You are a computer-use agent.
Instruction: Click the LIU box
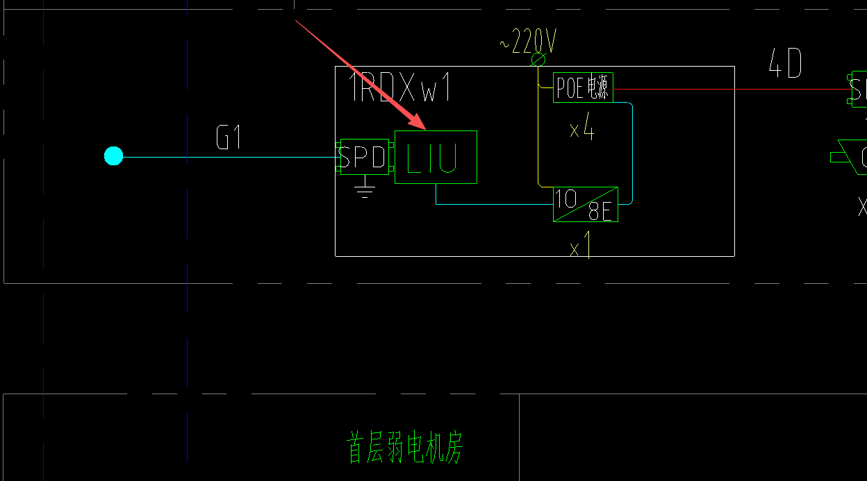436,158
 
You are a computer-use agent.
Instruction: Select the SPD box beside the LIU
364,157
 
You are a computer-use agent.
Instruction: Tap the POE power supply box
583,87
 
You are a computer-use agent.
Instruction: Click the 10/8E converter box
585,204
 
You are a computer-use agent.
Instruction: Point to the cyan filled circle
113,156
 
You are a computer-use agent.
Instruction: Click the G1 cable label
229,137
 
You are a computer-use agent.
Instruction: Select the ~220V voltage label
528,43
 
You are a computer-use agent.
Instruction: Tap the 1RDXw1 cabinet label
400,88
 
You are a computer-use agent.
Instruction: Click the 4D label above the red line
785,65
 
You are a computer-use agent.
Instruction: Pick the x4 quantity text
582,130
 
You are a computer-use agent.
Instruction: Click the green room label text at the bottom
404,448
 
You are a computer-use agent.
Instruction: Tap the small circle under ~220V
538,60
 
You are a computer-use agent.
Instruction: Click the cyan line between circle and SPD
229,157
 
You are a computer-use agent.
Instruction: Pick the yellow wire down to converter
538,139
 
